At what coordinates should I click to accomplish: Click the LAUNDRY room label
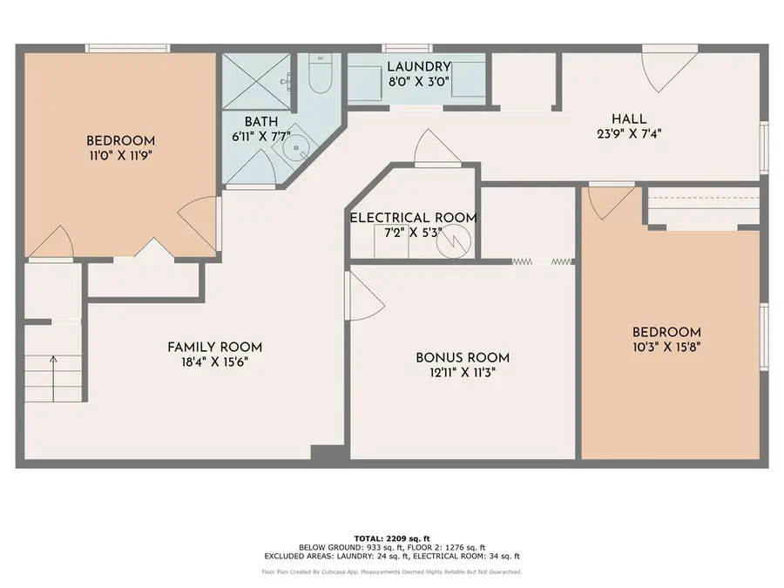[418, 66]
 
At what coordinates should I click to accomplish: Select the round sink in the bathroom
[297, 147]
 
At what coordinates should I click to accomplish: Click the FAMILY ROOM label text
[214, 347]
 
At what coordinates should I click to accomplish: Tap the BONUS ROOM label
[463, 357]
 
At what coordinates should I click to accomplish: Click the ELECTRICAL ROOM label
[413, 218]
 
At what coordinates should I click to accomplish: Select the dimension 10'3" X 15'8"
[666, 347]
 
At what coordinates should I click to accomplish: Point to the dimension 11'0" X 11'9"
[120, 156]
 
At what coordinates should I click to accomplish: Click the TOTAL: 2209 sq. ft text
[391, 537]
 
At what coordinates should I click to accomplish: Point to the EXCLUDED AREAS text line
[391, 556]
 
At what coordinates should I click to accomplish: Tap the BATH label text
[260, 122]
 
